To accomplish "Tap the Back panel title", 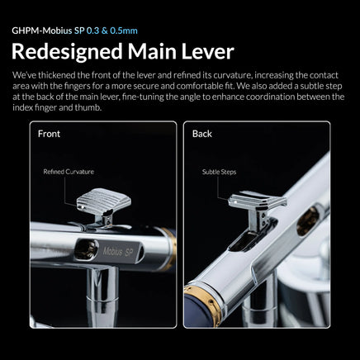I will click(201, 133).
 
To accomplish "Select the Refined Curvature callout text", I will click(68, 172).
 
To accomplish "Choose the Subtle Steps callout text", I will click(218, 172).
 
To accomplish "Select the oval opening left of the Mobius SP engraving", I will click(90, 247).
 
